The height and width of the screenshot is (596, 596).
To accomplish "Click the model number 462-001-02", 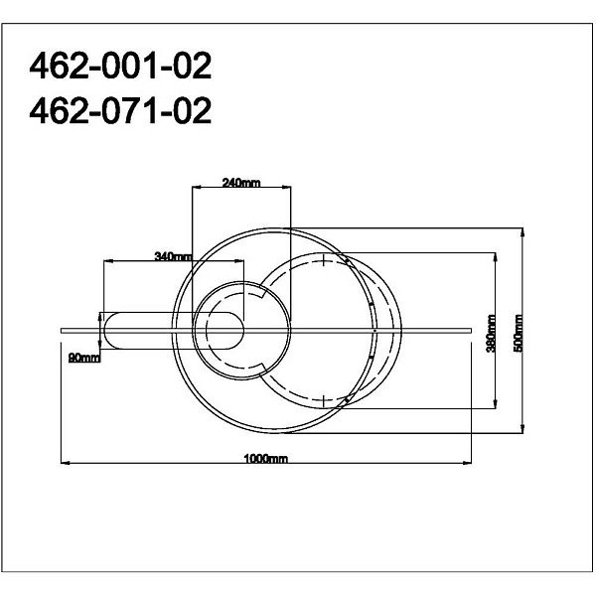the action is [x=120, y=66].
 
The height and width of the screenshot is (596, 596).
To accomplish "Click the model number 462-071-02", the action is [x=120, y=110].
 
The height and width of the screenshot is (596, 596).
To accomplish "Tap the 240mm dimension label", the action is [x=241, y=183].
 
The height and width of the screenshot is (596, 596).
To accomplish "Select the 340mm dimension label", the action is [x=173, y=256].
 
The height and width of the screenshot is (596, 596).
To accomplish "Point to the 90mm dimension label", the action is [x=84, y=358].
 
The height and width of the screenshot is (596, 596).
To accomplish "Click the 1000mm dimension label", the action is [x=265, y=458].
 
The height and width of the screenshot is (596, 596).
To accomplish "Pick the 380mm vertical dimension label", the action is [x=491, y=334].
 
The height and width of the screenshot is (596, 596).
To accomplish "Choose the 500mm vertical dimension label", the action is [x=519, y=334].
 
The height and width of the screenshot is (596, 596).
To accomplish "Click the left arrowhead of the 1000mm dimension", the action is [x=65, y=463].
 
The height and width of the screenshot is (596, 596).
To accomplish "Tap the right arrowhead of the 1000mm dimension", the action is [x=467, y=463].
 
